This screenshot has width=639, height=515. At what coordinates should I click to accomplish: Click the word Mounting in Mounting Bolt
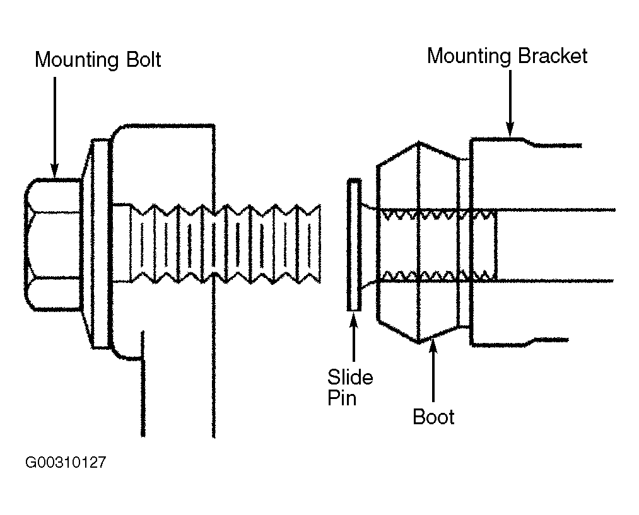click(x=76, y=61)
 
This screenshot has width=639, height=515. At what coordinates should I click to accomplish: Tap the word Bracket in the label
click(x=553, y=55)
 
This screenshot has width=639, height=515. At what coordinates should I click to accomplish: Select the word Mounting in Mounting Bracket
click(x=469, y=57)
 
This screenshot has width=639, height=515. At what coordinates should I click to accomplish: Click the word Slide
click(x=350, y=377)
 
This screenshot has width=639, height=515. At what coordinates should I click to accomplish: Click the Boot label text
click(x=433, y=417)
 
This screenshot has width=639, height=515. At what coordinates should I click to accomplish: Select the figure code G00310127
click(x=66, y=462)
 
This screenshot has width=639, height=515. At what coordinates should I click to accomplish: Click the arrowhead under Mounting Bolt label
click(x=55, y=171)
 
